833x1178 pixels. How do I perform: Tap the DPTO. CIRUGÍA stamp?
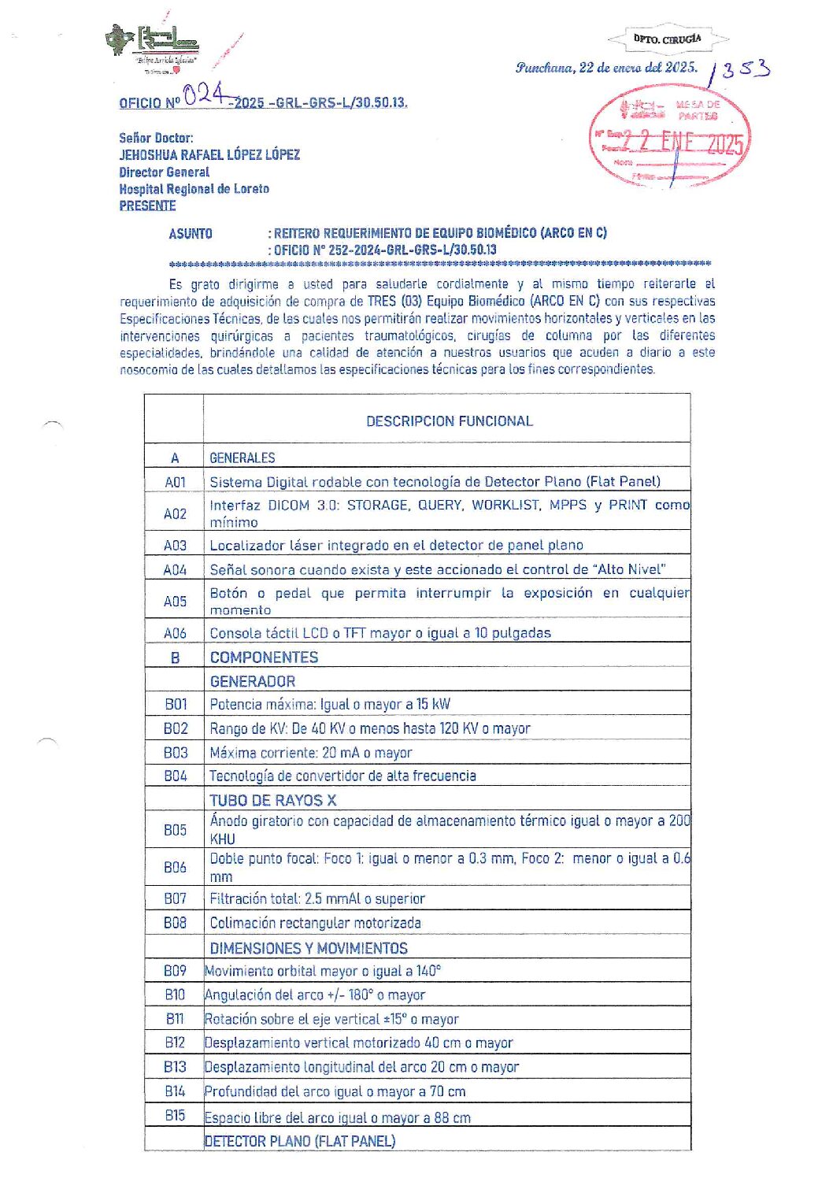pos(667,39)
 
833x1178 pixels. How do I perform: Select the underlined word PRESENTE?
pos(147,206)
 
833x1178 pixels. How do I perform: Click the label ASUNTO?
pos(191,234)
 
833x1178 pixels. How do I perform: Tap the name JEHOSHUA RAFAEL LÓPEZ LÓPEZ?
pos(209,154)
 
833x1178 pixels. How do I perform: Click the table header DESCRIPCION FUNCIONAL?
pos(449,421)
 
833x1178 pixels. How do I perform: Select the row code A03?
pos(175,545)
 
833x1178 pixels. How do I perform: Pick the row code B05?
pos(175,830)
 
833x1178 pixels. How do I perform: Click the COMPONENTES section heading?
pos(264,658)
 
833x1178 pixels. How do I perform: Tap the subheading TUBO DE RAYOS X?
pos(272,800)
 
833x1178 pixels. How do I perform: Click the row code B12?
pos(175,1043)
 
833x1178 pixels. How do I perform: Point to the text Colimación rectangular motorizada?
pos(315,923)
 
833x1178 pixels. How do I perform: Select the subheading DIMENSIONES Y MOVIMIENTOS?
pos(309,948)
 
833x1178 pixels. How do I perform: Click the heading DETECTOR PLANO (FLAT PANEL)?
pos(299,1141)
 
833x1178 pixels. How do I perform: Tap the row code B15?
pos(175,1115)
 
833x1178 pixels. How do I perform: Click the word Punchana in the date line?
pos(544,68)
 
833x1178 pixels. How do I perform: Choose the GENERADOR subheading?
pos(253,681)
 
